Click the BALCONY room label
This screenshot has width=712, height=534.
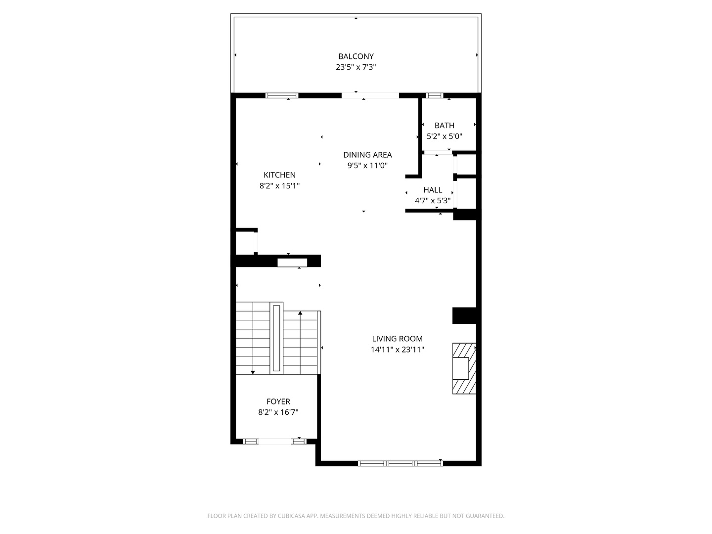pyautogui.click(x=356, y=56)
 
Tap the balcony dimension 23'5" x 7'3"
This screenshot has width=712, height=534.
pyautogui.click(x=356, y=67)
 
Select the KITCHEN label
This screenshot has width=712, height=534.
pyautogui.click(x=279, y=175)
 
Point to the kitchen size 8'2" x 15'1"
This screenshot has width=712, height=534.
pyautogui.click(x=279, y=186)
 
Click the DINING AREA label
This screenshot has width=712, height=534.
pyautogui.click(x=367, y=155)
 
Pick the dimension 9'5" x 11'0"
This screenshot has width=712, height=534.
pyautogui.click(x=367, y=166)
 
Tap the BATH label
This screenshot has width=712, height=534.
pyautogui.click(x=444, y=126)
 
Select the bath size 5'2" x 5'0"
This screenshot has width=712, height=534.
pyautogui.click(x=444, y=136)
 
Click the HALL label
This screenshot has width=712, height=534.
pyautogui.click(x=433, y=190)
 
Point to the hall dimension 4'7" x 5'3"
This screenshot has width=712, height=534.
pyautogui.click(x=433, y=201)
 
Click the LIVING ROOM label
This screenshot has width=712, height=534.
pyautogui.click(x=397, y=339)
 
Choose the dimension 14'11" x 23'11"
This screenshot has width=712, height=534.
pyautogui.click(x=397, y=350)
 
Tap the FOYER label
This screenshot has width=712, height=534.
pyautogui.click(x=278, y=401)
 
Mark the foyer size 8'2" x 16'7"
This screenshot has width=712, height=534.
pyautogui.click(x=278, y=412)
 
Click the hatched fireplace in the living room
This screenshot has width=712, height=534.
pyautogui.click(x=464, y=368)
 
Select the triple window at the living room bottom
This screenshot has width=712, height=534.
pyautogui.click(x=400, y=463)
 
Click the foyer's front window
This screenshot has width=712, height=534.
pyautogui.click(x=275, y=441)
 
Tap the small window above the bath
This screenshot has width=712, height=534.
pyautogui.click(x=435, y=95)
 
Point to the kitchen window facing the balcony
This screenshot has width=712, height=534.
pyautogui.click(x=282, y=95)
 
